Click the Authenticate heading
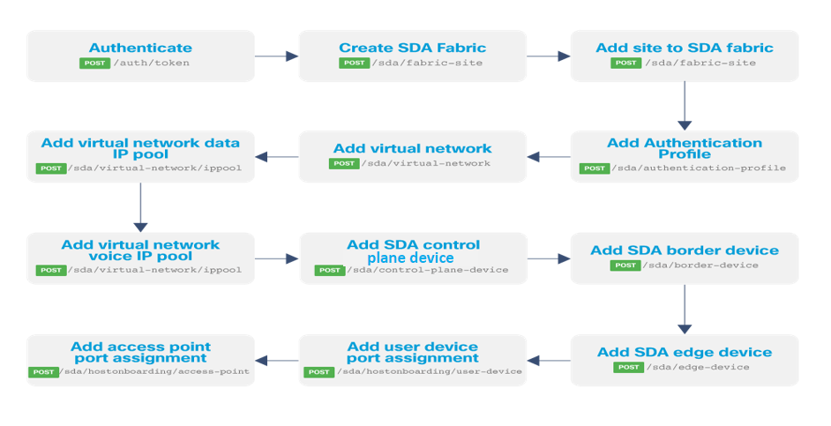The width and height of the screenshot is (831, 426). [140, 48]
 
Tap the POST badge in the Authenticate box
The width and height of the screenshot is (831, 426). [94, 63]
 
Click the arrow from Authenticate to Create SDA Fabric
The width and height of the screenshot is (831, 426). [276, 56]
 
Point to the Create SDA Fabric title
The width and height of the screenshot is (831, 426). [412, 48]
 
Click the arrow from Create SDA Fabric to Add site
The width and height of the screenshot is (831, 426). [549, 56]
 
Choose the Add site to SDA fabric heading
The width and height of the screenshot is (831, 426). [685, 48]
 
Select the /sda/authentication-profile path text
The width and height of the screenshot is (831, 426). [700, 168]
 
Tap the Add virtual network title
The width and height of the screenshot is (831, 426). [412, 148]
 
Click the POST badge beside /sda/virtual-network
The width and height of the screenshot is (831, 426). [344, 163]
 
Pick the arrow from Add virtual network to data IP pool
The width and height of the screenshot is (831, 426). [276, 158]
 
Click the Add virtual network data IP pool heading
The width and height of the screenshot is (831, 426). [140, 148]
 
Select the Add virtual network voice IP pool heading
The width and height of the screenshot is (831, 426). [140, 250]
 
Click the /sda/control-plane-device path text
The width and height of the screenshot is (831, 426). [427, 270]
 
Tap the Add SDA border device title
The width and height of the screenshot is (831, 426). [685, 250]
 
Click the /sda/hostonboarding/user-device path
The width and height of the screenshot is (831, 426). [427, 371]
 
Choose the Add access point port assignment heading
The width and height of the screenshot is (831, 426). [140, 352]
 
